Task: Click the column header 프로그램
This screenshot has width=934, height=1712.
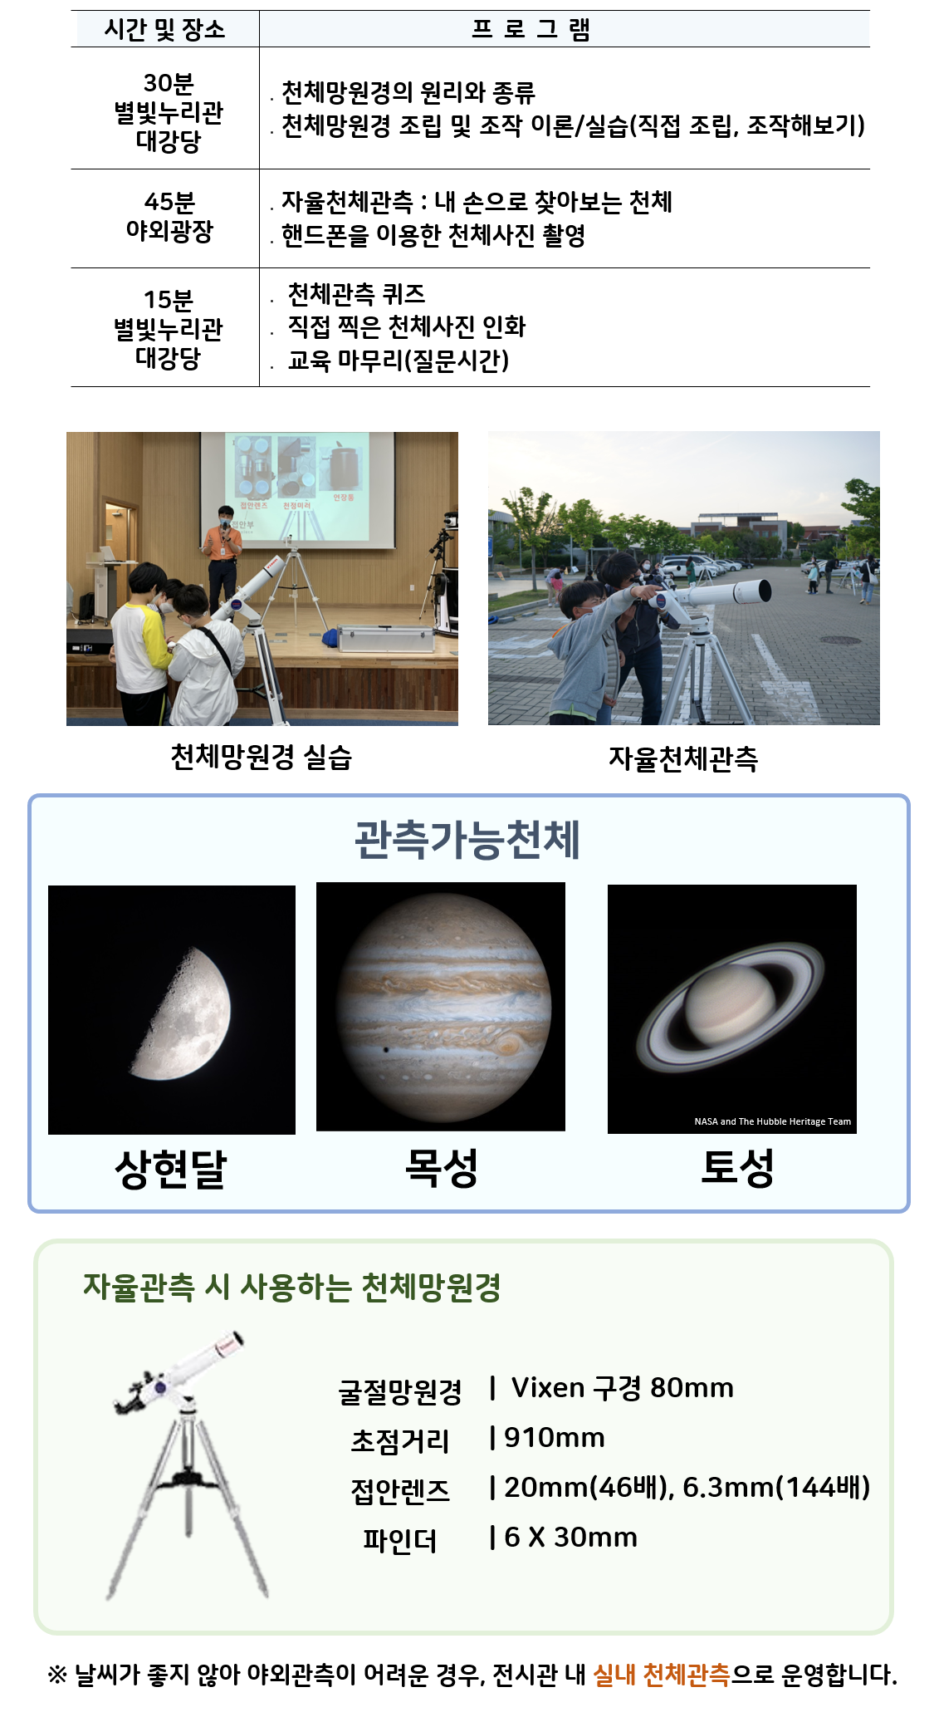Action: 531,30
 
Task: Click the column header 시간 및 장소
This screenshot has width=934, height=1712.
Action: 164,30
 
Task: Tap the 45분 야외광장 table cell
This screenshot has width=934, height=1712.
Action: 169,217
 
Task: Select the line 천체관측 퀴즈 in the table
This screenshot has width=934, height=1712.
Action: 356,294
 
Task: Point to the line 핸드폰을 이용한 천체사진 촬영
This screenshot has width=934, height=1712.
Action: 433,236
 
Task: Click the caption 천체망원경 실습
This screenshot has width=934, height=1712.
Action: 261,757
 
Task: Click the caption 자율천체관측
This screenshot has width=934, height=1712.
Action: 683,758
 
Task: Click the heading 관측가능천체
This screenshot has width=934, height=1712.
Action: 467,840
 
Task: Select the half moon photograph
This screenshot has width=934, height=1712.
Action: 172,1010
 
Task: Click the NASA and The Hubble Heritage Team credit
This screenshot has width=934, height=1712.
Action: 772,1121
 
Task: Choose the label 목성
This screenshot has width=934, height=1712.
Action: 441,1168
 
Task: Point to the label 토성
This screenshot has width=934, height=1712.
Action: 737,1168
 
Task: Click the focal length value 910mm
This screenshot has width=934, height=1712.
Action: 555,1438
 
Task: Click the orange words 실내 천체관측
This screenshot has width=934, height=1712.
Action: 662,1675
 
